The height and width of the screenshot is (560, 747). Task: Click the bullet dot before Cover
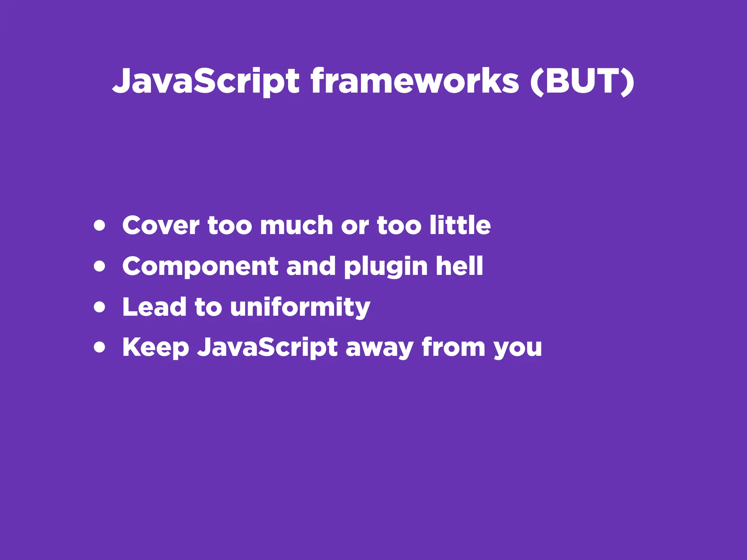coord(99,226)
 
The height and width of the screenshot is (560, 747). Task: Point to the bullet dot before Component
coord(99,266)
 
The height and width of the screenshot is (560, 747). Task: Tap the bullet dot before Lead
coord(99,307)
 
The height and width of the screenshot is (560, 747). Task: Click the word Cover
coord(161,226)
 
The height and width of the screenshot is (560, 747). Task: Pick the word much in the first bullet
coord(297,226)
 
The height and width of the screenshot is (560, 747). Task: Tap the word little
coord(460,225)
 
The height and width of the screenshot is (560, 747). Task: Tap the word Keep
coord(156,348)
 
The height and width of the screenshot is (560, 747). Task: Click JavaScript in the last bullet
coord(267,348)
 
